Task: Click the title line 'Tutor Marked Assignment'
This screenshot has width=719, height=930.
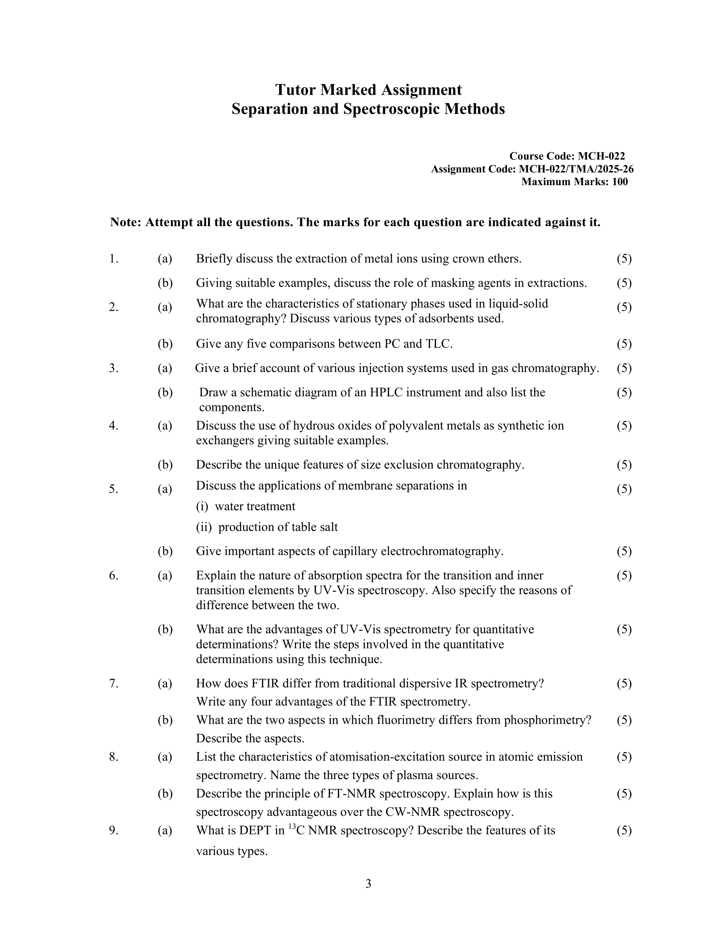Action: click(x=368, y=90)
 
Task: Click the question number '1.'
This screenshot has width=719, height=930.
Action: click(x=114, y=258)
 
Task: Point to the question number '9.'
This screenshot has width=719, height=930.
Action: click(x=114, y=830)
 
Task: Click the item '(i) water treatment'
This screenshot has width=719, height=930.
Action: click(x=246, y=506)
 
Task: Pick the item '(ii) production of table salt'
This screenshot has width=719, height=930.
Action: click(x=267, y=527)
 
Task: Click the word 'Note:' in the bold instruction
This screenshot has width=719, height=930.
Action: click(x=125, y=222)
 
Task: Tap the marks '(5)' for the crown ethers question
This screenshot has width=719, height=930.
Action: click(x=624, y=258)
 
